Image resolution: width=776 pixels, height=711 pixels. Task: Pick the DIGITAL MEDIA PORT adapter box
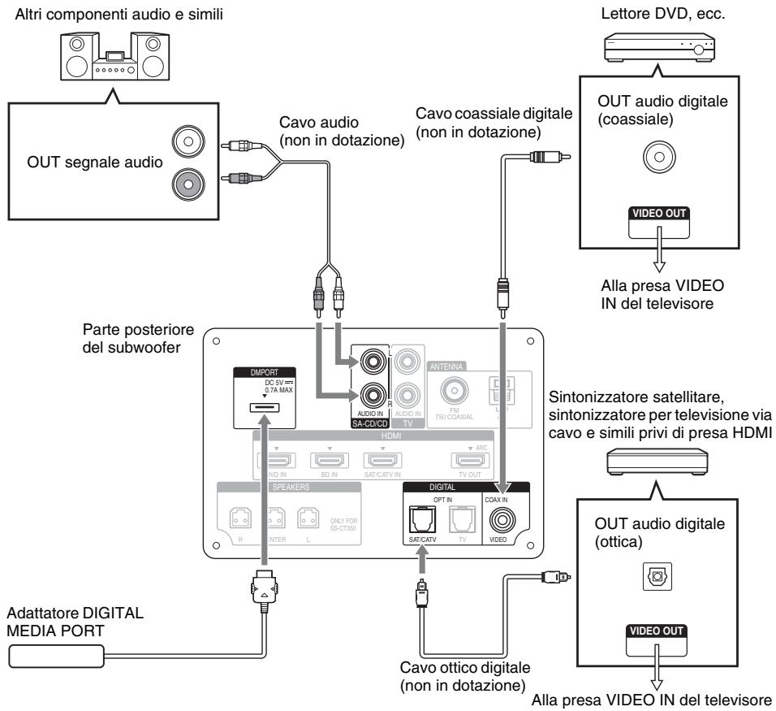click(x=54, y=655)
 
